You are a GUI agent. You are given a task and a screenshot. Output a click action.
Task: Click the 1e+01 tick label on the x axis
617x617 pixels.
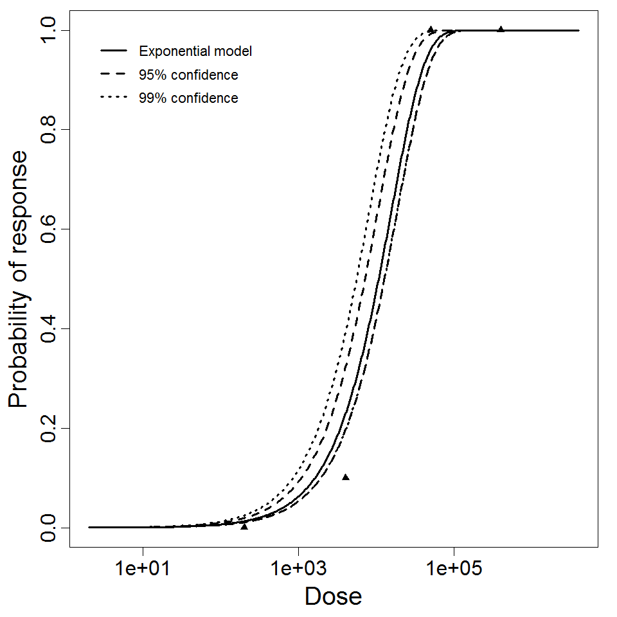(142, 569)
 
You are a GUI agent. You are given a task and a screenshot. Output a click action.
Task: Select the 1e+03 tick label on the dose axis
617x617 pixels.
(298, 569)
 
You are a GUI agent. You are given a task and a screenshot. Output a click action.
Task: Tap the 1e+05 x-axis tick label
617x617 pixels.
(454, 569)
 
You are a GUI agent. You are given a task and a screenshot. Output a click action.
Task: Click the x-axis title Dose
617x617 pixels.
(333, 597)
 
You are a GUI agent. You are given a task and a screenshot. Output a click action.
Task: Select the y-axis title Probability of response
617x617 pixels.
(19, 279)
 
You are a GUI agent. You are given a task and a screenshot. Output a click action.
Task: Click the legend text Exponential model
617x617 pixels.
(195, 51)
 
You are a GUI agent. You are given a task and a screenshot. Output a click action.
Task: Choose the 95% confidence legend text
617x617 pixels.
(188, 75)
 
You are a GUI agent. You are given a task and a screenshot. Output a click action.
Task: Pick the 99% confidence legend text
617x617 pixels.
(188, 98)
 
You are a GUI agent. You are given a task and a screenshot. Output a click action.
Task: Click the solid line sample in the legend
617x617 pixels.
(113, 51)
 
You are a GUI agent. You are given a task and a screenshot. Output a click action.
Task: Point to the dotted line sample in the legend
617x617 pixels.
(113, 98)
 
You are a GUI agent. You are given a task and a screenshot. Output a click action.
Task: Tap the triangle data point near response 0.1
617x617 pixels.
(346, 478)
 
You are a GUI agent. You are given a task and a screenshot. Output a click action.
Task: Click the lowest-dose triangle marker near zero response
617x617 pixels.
(244, 526)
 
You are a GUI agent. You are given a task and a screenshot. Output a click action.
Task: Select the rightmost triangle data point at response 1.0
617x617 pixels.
(501, 29)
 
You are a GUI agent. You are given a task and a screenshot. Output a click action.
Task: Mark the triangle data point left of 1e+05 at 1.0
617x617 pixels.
(431, 30)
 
